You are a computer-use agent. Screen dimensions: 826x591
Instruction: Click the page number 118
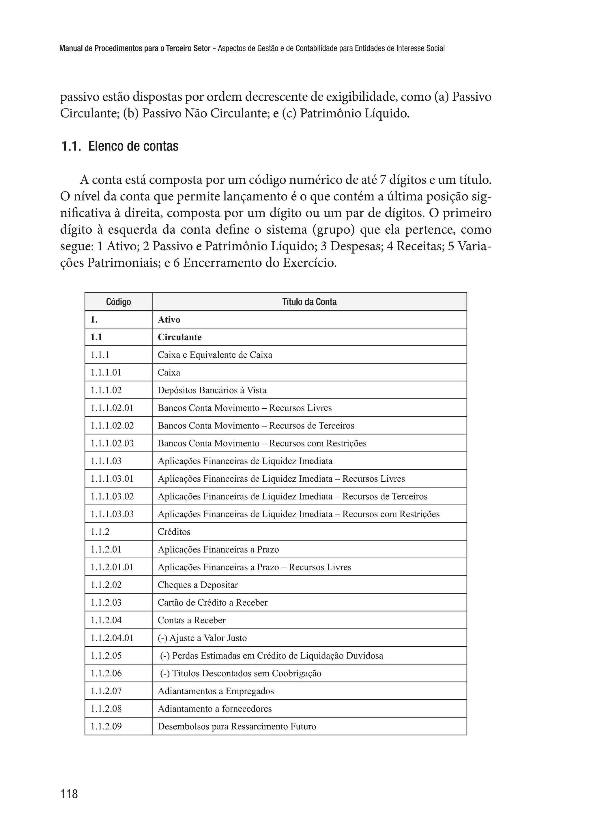click(69, 794)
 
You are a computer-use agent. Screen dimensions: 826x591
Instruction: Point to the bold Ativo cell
click(169, 320)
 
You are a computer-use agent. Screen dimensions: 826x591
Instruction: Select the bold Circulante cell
click(179, 337)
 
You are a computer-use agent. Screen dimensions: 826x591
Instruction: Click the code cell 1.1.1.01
click(106, 372)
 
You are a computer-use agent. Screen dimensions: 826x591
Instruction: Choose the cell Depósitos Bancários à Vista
click(212, 390)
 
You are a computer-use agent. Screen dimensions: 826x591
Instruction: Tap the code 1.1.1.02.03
click(112, 443)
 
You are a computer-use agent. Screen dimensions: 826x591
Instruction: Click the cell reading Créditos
click(174, 532)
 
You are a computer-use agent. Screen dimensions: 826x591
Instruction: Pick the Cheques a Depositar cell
click(198, 585)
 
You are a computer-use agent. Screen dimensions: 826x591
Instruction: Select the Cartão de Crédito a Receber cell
click(212, 603)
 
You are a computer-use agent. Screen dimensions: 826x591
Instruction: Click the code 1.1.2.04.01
click(112, 638)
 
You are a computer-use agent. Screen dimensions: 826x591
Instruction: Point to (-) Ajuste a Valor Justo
click(202, 638)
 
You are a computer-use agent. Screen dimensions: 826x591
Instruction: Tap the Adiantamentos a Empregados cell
click(216, 691)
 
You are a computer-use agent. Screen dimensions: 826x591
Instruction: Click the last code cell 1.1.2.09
click(106, 726)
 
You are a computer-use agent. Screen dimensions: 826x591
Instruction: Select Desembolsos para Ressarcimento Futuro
click(237, 726)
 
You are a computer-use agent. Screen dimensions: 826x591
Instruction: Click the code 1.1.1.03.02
click(112, 496)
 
